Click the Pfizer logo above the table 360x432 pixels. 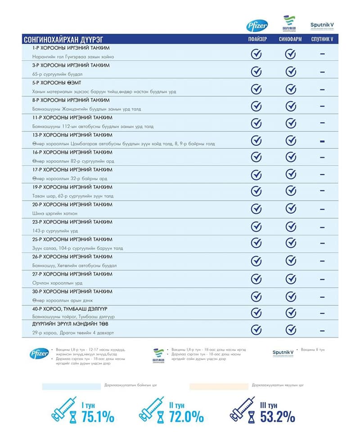(x=256, y=25)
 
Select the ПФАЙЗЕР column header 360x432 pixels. (x=257, y=39)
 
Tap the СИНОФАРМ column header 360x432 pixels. (x=291, y=39)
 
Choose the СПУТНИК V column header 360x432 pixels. (x=322, y=39)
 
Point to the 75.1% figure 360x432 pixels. (x=98, y=417)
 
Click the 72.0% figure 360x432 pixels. (x=186, y=417)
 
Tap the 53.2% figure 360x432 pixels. (x=278, y=417)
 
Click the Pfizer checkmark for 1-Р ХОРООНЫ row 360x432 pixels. (x=256, y=54)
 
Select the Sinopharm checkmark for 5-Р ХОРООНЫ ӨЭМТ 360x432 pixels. (x=291, y=89)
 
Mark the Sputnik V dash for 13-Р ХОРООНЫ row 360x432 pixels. (x=322, y=142)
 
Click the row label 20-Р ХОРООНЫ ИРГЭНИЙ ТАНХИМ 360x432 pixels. (x=72, y=205)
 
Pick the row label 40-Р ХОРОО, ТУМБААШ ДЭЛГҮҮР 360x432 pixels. (x=70, y=309)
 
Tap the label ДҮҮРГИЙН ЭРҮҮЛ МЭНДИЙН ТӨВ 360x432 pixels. (x=70, y=324)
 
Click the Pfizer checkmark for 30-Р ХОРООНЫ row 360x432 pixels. (x=256, y=297)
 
